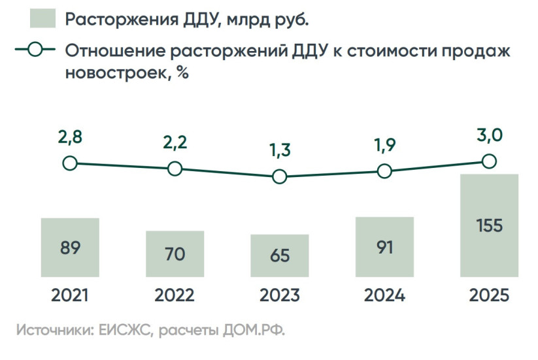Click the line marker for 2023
[x=279, y=176]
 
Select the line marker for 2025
[x=490, y=161]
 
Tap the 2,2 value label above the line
[x=175, y=142]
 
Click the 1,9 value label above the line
[x=384, y=145]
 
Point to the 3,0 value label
[x=490, y=136]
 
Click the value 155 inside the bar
[x=490, y=226]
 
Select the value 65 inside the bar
[x=279, y=255]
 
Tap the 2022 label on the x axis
[x=175, y=295]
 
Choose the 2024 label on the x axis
[x=384, y=295]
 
